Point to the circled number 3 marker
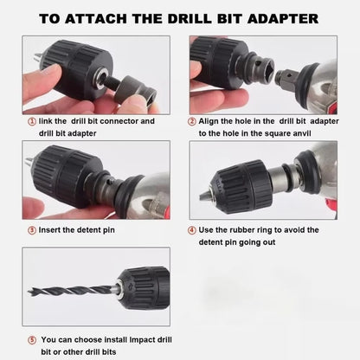pos(32,231)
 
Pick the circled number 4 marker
pos(191,230)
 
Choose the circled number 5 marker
pos(32,339)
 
